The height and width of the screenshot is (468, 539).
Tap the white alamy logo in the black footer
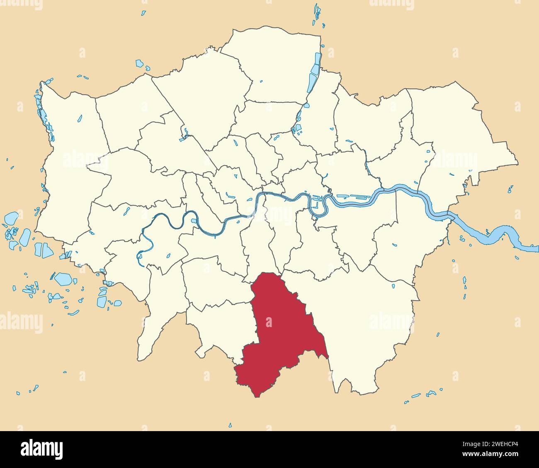(41, 449)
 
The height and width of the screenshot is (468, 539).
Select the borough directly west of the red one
(220, 327)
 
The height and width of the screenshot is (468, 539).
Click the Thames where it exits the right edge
(533, 249)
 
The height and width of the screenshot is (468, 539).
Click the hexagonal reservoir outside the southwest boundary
(63, 279)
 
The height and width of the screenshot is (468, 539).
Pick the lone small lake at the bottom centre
(230, 425)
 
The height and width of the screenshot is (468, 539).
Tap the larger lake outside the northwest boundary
(139, 64)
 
